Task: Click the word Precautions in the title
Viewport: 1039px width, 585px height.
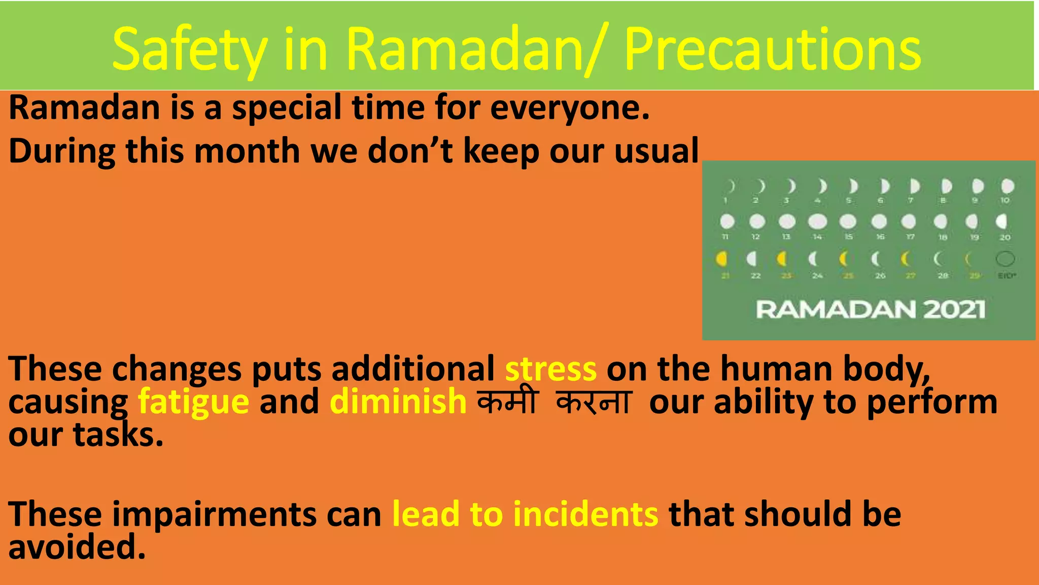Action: (x=772, y=49)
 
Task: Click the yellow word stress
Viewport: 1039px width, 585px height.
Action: (x=551, y=369)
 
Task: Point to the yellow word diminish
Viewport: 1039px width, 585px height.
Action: (x=398, y=402)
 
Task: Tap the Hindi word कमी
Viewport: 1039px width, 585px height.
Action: (x=507, y=402)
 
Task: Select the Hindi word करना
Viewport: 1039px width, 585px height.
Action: (x=594, y=402)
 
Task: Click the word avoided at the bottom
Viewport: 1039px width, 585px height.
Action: (x=77, y=547)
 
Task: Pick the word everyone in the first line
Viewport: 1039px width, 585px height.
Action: (x=569, y=108)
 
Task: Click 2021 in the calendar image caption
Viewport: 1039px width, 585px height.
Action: (x=954, y=309)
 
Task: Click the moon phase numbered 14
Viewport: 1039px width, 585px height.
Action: (x=817, y=222)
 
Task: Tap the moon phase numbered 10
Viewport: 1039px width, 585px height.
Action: (x=1008, y=186)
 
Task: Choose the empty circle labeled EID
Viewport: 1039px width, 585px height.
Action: (x=1005, y=259)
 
